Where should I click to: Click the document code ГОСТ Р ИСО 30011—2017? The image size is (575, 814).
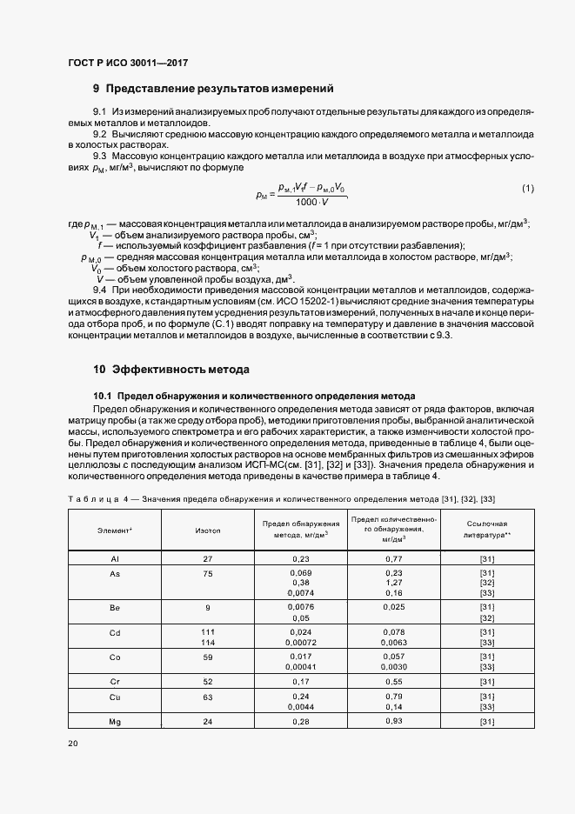tap(127, 63)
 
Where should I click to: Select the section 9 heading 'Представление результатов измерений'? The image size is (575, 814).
tap(213, 89)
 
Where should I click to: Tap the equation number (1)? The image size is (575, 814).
tap(528, 189)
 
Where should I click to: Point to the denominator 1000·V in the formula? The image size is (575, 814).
tap(311, 203)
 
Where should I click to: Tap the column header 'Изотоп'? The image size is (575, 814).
tap(209, 530)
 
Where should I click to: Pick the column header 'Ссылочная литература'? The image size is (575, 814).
tap(486, 530)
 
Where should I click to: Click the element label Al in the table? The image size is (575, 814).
tap(115, 557)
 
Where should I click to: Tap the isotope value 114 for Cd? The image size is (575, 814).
tap(208, 642)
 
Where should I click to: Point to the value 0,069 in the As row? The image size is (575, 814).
tap(301, 572)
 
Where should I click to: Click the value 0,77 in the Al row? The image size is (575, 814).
tap(393, 557)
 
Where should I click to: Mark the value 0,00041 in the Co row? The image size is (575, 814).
tap(301, 666)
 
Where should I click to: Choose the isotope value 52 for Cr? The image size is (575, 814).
tap(208, 682)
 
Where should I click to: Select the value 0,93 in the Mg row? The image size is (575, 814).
tap(393, 722)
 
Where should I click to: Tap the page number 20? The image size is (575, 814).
tap(72, 744)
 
